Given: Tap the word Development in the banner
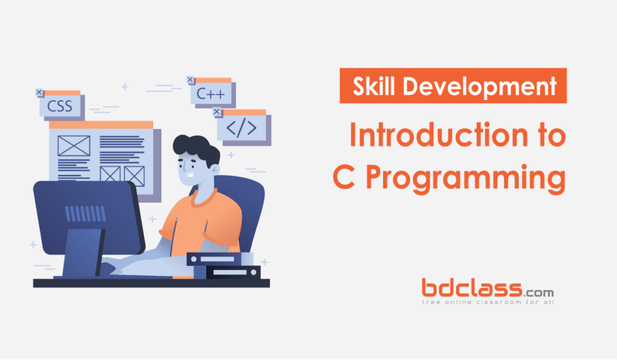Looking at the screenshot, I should (x=480, y=87).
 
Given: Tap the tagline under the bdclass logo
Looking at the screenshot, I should (x=488, y=302).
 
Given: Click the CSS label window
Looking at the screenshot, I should (x=60, y=107).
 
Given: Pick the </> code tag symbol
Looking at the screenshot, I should (x=241, y=128).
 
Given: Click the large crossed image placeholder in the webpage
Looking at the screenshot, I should (x=74, y=146).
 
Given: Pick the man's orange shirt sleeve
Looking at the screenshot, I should (x=175, y=223).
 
